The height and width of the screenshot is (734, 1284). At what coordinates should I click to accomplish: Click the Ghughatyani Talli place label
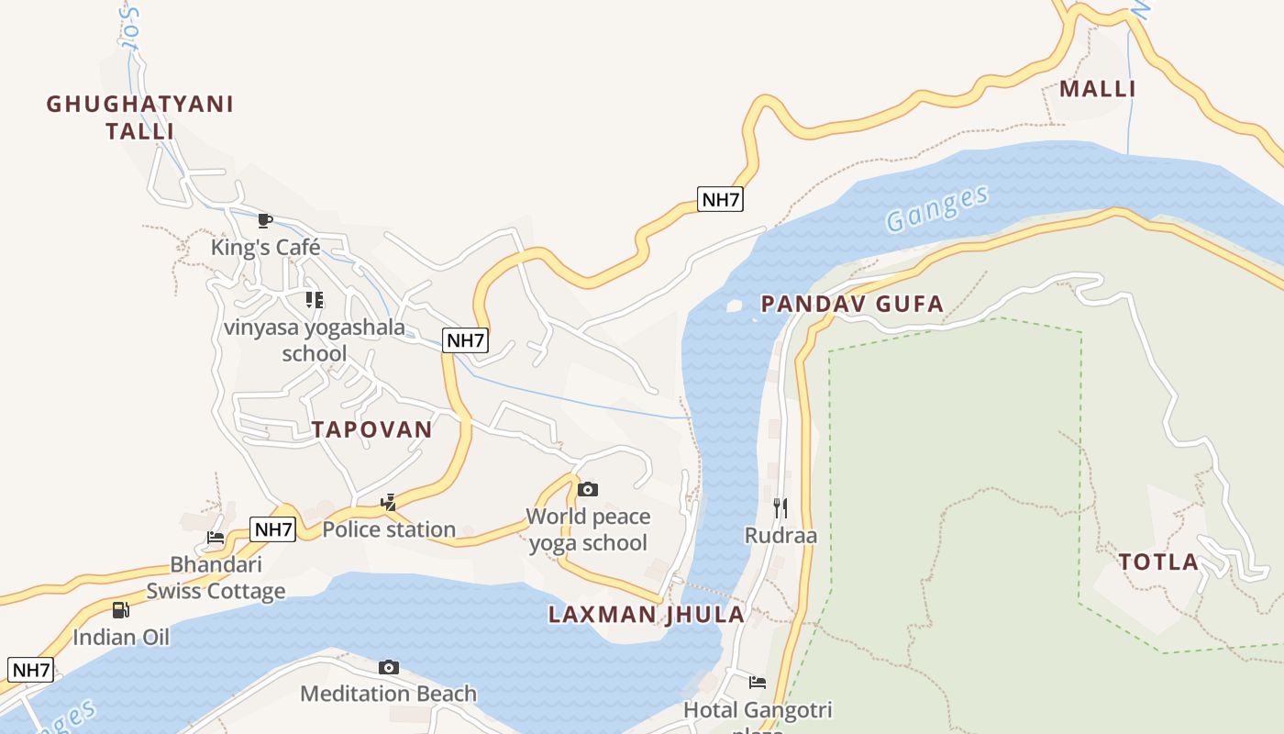(x=140, y=117)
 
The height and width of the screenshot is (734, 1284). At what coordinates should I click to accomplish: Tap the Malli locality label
(x=1098, y=89)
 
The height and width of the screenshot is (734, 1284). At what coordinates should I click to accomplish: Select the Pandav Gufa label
(x=852, y=304)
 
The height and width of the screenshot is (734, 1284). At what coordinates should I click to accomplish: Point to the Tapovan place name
(x=371, y=429)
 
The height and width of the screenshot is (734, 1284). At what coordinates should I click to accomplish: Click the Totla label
(x=1158, y=562)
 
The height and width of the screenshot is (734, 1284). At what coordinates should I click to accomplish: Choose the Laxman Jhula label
(x=647, y=615)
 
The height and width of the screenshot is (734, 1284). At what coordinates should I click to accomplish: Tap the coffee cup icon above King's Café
(x=264, y=220)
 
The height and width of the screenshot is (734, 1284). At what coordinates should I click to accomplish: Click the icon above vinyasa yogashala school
(x=315, y=300)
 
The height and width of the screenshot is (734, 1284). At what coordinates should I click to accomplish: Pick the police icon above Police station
(x=389, y=502)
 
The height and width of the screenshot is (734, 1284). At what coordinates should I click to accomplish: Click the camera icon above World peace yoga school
(x=588, y=489)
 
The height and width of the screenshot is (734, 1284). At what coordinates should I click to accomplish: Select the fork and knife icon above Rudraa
(x=780, y=507)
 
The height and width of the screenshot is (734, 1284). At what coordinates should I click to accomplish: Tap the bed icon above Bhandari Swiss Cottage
(x=216, y=538)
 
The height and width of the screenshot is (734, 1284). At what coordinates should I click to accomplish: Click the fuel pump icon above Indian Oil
(x=120, y=609)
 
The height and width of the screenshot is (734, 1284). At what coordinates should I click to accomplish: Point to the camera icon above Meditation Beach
(x=389, y=667)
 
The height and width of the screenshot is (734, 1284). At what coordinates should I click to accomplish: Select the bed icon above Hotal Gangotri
(x=758, y=682)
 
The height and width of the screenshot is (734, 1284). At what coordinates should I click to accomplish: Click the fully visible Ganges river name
(x=937, y=208)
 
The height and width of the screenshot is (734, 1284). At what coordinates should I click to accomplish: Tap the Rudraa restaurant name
(x=780, y=535)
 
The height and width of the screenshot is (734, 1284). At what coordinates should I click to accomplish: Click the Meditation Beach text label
(x=389, y=694)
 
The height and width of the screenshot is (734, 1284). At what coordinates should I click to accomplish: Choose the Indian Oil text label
(x=121, y=637)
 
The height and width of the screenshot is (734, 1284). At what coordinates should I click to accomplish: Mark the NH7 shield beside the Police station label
(x=273, y=529)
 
